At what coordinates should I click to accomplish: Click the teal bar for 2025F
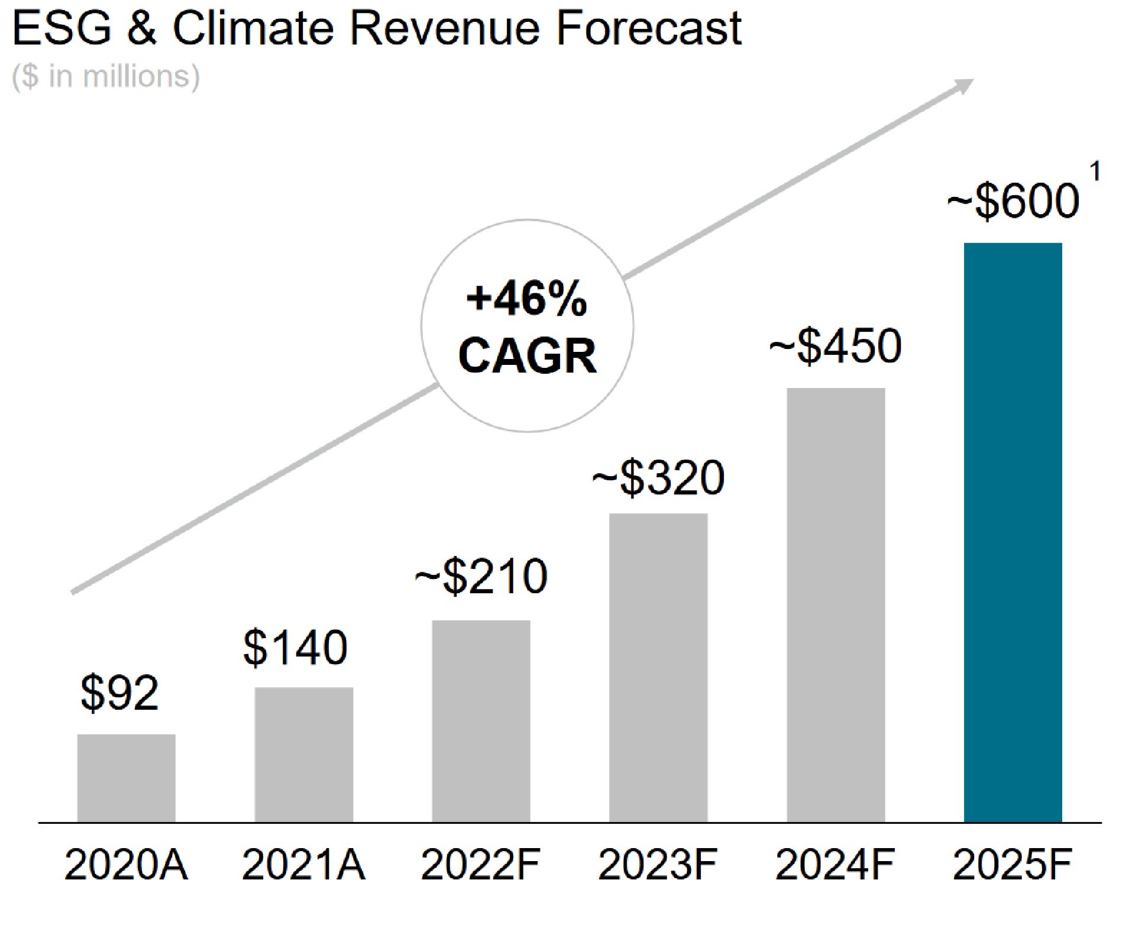click(x=1013, y=532)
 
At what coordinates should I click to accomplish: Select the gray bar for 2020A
click(x=126, y=778)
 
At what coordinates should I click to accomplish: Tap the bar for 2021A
click(x=303, y=754)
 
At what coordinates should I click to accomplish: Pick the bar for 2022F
click(x=481, y=721)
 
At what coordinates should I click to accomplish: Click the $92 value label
click(x=119, y=693)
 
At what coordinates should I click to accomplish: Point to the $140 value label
click(x=295, y=648)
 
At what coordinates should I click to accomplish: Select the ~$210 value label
click(x=480, y=577)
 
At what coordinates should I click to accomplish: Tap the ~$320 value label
click(x=658, y=478)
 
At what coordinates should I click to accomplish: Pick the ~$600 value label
click(x=1013, y=201)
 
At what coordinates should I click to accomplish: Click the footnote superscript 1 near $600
click(x=1094, y=172)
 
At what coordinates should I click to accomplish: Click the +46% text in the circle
click(x=526, y=299)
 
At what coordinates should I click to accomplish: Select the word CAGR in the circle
click(x=527, y=356)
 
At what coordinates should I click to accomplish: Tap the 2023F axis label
click(x=658, y=865)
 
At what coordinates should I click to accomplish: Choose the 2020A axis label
click(x=126, y=865)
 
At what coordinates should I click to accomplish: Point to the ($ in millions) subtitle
click(x=106, y=76)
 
